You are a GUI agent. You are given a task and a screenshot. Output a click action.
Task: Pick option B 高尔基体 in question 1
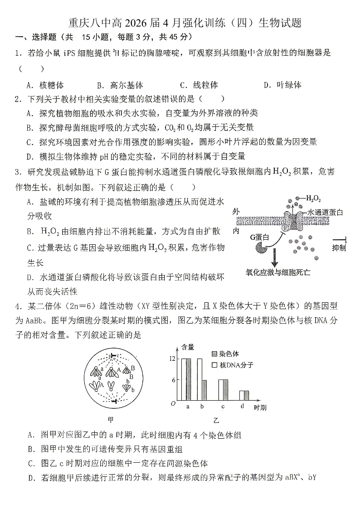[x=120, y=85]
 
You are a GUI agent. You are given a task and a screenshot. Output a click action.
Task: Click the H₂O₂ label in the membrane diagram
[x=314, y=198]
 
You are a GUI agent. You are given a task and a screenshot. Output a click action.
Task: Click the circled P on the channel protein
[x=286, y=228]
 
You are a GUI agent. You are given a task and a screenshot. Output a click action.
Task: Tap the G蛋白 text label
[x=259, y=237]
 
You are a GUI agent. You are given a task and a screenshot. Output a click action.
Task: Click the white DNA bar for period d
[x=242, y=395]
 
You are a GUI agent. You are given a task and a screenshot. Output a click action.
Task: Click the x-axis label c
[x=223, y=406]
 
